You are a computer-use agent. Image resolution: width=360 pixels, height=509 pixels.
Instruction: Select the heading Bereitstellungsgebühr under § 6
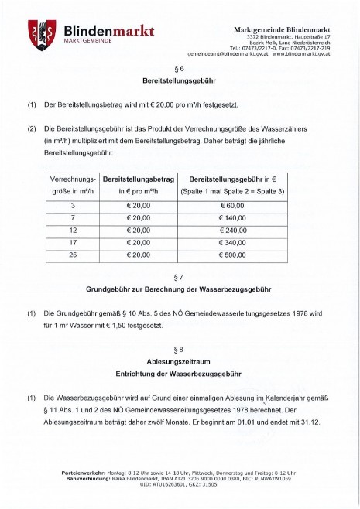coord(180,80)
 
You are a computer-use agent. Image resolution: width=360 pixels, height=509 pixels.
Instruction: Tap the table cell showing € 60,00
coord(231,206)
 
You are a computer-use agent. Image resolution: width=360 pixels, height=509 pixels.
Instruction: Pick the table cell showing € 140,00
coord(231,218)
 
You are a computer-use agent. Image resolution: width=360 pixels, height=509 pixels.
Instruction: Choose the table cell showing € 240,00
coord(231,231)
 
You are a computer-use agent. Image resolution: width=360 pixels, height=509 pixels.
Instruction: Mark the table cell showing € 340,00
coord(231,243)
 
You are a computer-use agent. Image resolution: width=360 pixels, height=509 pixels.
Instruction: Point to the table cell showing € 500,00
coord(231,255)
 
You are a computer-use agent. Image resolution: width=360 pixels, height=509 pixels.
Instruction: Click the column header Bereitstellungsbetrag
coord(138,177)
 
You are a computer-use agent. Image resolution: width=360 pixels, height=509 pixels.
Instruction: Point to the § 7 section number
coord(180,277)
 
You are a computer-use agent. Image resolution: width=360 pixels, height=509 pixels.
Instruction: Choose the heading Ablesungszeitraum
coord(180,361)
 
